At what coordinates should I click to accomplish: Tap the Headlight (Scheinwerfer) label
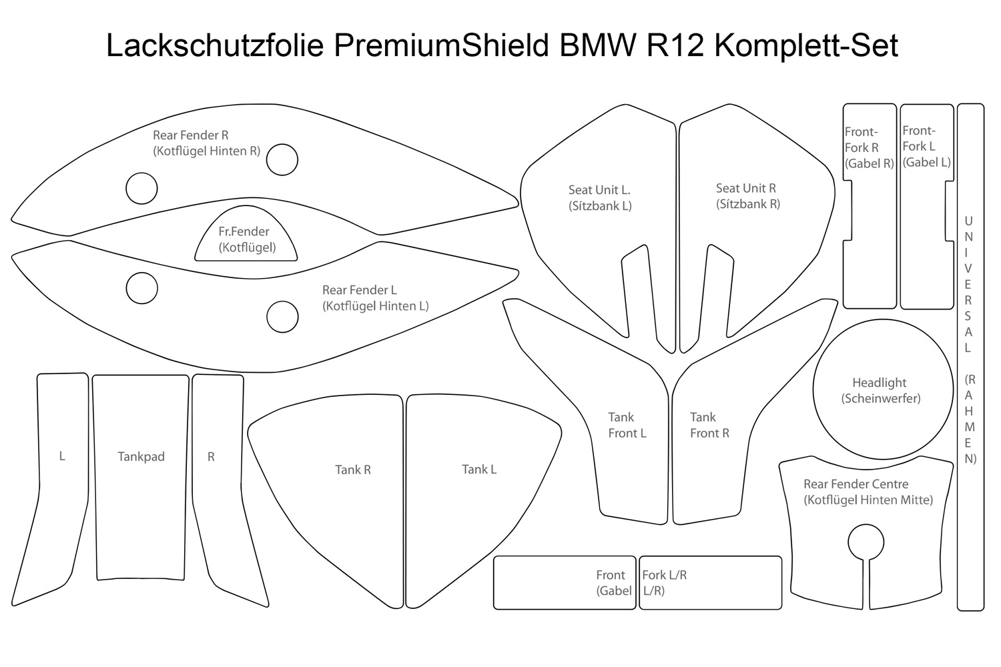880,391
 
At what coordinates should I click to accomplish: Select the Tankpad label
141,457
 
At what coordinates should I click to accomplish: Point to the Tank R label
353,470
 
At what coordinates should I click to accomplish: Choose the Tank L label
479,470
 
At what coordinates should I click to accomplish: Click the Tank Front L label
627,426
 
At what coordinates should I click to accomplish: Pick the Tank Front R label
709,426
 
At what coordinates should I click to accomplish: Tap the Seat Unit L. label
599,198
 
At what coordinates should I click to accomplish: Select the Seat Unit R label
747,196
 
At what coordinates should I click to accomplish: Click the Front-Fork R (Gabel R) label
868,147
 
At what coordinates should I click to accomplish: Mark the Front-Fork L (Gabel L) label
926,146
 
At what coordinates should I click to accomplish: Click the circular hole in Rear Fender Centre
866,541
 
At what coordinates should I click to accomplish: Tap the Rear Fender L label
374,298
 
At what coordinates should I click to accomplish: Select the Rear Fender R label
206,143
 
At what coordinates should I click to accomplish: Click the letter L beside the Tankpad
62,457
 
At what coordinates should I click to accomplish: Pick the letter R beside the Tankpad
211,458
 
